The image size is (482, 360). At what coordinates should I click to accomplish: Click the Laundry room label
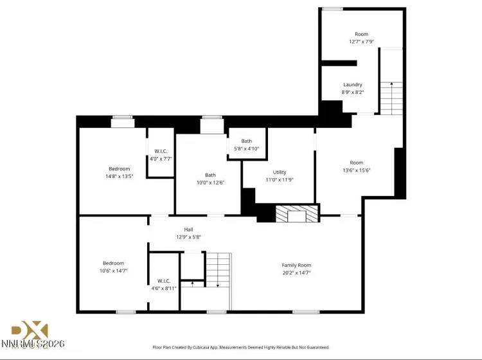click(x=352, y=84)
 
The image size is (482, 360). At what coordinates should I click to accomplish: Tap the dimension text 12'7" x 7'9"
click(x=361, y=42)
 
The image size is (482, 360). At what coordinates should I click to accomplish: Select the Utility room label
click(x=279, y=172)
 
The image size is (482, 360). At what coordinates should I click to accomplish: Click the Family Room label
click(x=296, y=265)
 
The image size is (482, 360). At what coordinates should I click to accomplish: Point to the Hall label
click(x=188, y=230)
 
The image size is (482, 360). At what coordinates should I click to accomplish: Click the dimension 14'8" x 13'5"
click(x=119, y=176)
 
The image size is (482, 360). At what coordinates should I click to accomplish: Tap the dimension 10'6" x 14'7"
click(x=114, y=271)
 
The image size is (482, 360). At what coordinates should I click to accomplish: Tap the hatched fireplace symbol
click(x=297, y=214)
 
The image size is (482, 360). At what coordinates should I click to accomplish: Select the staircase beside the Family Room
click(x=217, y=269)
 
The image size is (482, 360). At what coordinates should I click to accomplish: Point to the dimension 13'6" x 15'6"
click(x=356, y=170)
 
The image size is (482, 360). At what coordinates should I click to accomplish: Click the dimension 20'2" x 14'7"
click(x=296, y=273)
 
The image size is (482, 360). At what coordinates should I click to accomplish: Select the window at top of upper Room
click(x=332, y=9)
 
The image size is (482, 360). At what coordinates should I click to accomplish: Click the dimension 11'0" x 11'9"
click(x=279, y=180)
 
